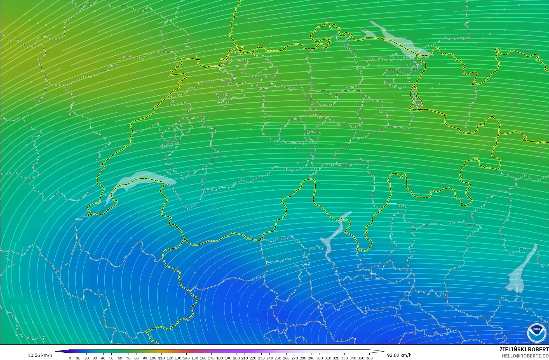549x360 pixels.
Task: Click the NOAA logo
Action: coord(537,333)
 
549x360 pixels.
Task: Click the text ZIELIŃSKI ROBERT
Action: coord(524,350)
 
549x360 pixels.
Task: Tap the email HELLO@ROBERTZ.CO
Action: coord(525,356)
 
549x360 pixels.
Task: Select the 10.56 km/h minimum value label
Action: coord(40,355)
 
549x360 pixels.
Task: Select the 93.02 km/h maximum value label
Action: coord(399,355)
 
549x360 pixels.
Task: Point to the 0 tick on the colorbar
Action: coord(70,358)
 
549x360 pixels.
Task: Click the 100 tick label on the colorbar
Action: coord(153,358)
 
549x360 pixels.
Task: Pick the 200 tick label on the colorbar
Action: coord(236,358)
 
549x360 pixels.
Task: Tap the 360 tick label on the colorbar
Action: coord(369,358)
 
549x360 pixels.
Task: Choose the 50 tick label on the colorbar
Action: coord(111,358)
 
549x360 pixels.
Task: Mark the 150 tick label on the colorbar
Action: coord(194,358)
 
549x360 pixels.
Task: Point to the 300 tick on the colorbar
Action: coord(319,358)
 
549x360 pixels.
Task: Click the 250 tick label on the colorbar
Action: coord(278,358)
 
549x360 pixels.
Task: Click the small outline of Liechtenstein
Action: coord(415,98)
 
